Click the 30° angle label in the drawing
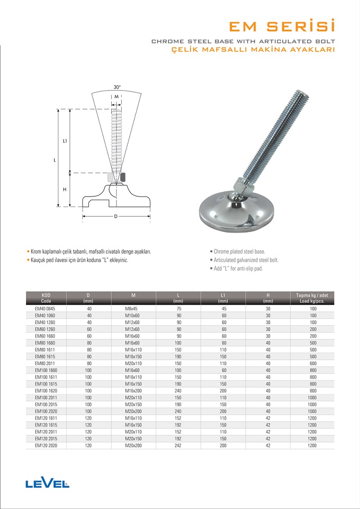[117, 87]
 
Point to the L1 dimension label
[64, 141]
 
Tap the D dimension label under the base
[115, 216]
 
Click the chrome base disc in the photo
[238, 213]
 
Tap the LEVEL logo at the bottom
[47, 483]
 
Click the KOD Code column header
[46, 297]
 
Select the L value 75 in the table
[179, 308]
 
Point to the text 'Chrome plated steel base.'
[239, 252]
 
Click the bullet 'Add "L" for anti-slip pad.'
[238, 269]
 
